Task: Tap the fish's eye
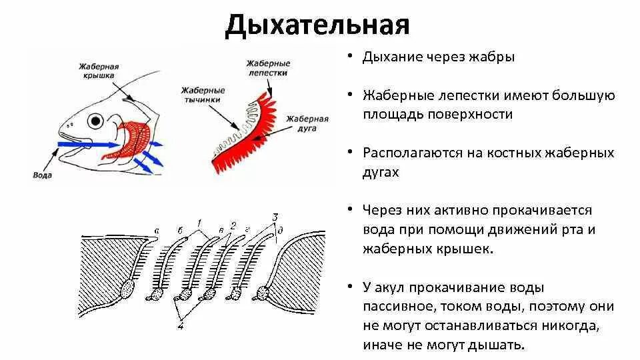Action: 97,121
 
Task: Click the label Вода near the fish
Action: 43,175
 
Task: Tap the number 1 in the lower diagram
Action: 198,221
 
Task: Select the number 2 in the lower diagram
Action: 232,225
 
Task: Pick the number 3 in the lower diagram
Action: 275,217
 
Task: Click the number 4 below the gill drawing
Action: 181,326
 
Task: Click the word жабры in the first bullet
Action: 493,57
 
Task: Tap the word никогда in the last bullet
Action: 566,327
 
